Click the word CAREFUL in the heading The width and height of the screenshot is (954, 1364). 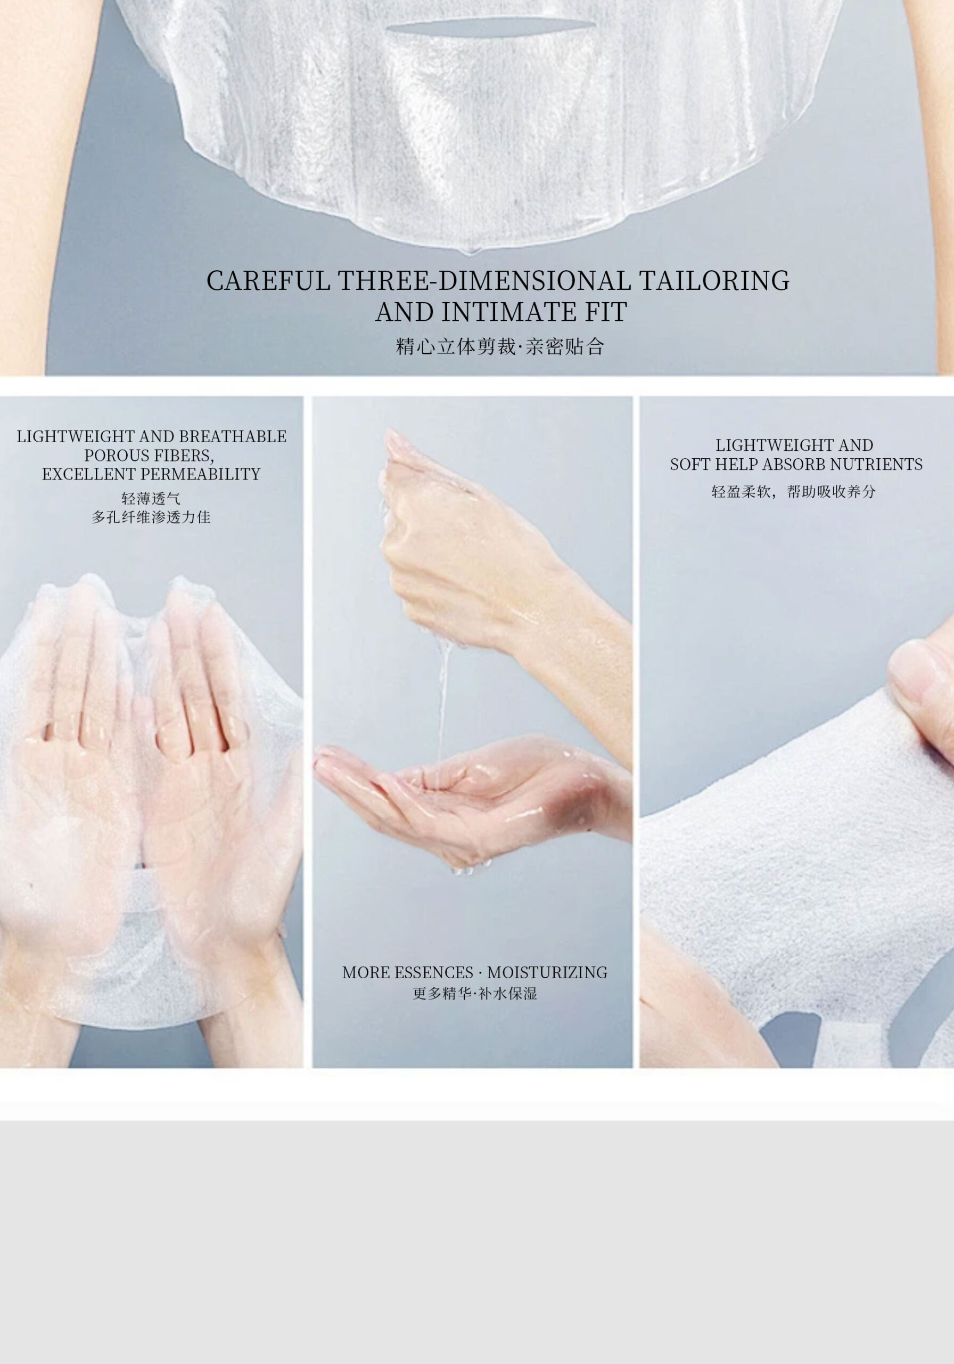click(x=268, y=280)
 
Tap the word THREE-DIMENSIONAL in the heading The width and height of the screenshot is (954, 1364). click(x=484, y=280)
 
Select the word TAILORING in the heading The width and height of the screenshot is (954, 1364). click(x=714, y=280)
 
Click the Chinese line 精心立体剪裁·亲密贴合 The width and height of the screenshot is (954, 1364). click(x=500, y=346)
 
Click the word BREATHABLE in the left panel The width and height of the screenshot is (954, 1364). click(x=233, y=437)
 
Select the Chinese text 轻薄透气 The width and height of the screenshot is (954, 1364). click(x=151, y=498)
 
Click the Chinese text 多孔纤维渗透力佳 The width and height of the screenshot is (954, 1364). click(x=151, y=517)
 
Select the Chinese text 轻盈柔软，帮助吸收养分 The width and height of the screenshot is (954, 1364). click(x=794, y=491)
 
